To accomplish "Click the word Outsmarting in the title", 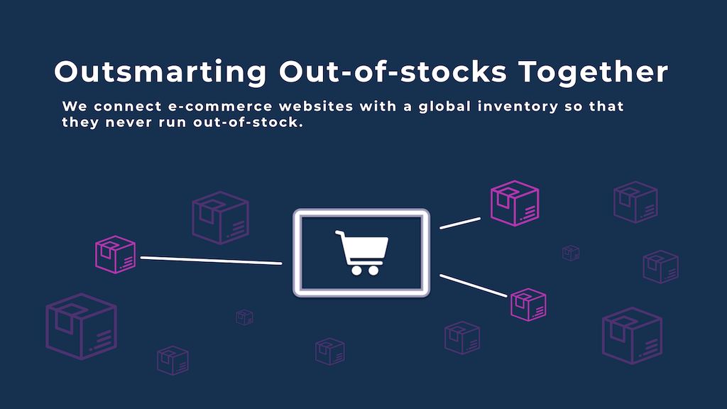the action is [x=160, y=72].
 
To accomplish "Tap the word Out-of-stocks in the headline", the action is [x=393, y=72].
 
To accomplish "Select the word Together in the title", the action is [x=594, y=72].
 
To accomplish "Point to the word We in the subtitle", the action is [x=75, y=107].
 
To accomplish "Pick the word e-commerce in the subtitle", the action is [x=220, y=107].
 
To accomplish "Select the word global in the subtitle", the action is [x=444, y=107].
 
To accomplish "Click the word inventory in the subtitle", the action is [x=518, y=107].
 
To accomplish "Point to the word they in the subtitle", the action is [x=80, y=123].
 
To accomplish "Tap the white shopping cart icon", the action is [x=362, y=252].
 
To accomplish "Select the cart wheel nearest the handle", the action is [x=356, y=270].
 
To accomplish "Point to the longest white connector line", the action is [x=211, y=260].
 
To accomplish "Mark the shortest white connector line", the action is [x=460, y=223].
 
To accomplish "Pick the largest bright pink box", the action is [x=515, y=203].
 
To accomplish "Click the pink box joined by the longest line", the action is [x=116, y=255].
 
